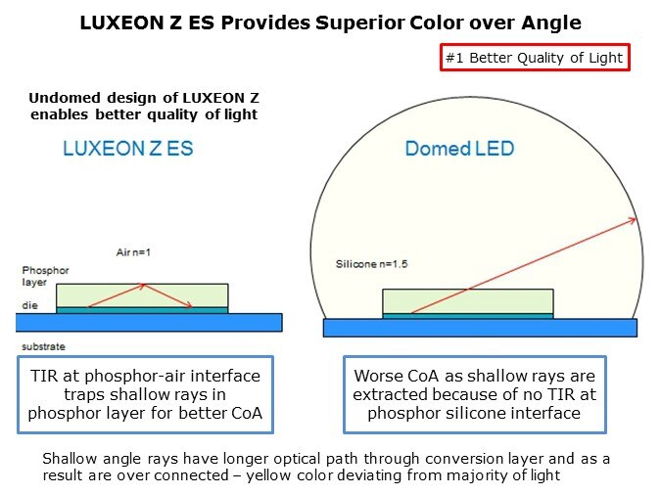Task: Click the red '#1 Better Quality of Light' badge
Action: click(535, 58)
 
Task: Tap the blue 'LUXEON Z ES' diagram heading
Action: click(128, 149)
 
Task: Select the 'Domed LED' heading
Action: click(459, 149)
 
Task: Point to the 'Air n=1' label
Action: click(133, 252)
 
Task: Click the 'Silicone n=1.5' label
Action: click(371, 264)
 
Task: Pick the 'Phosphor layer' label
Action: click(45, 276)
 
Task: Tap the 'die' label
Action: click(30, 305)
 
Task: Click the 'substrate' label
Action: click(43, 346)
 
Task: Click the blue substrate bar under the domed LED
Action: click(480, 328)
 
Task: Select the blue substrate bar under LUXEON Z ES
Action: click(149, 322)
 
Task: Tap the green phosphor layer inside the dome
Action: click(468, 301)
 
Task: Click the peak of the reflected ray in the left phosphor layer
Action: click(144, 286)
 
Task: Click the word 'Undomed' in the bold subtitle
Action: click(65, 98)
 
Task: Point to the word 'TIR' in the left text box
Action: click(44, 376)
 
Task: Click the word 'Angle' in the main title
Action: click(551, 23)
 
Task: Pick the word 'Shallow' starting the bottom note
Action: click(70, 459)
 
